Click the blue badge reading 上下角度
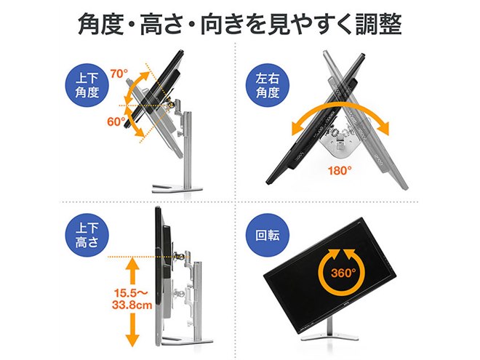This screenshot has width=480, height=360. click(x=85, y=84)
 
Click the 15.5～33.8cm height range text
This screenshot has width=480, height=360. click(x=132, y=299)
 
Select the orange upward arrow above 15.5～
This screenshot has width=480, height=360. click(x=132, y=271)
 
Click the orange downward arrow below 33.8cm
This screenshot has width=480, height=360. click(x=132, y=331)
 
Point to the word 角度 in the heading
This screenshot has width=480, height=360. click(x=105, y=24)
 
